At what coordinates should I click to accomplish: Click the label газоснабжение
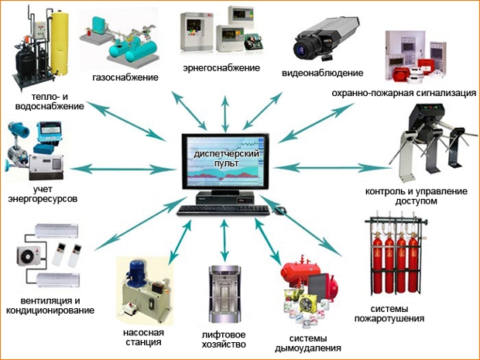coord(125,77)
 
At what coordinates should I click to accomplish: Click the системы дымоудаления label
coord(308,343)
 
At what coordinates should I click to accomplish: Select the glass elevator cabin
coord(222,297)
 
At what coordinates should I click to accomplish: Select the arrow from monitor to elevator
coord(224,237)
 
